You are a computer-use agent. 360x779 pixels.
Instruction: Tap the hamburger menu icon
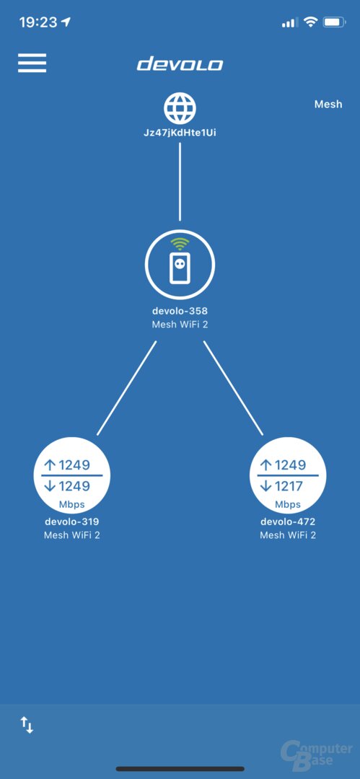[x=32, y=63]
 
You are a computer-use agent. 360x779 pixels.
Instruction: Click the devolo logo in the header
[x=180, y=64]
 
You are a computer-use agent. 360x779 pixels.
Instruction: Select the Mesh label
[x=328, y=105]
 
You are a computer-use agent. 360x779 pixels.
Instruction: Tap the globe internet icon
[x=180, y=107]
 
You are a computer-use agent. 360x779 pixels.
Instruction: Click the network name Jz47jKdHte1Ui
[x=180, y=133]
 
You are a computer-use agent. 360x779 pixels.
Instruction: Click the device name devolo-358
[x=180, y=312]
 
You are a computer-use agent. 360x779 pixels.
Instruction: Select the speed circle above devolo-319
[x=71, y=475]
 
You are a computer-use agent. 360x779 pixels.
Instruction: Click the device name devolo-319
[x=71, y=521]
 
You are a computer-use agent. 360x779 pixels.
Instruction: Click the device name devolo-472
[x=288, y=521]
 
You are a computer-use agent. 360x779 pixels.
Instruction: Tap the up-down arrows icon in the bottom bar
[x=27, y=725]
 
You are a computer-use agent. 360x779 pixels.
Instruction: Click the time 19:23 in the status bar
[x=38, y=22]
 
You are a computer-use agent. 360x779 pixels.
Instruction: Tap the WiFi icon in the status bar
[x=310, y=22]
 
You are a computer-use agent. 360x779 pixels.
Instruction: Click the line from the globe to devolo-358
[x=180, y=182]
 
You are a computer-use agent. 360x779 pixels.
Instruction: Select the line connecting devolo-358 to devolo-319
[x=127, y=388]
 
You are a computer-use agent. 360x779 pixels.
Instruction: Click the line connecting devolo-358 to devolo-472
[x=233, y=388]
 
